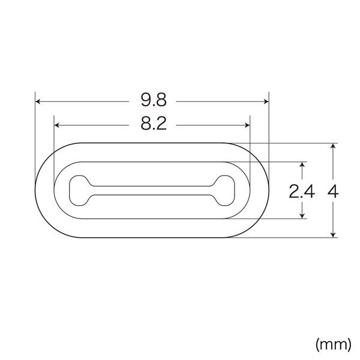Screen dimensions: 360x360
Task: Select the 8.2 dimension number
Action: pos(152,125)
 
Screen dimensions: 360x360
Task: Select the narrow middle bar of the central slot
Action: pos(152,190)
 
